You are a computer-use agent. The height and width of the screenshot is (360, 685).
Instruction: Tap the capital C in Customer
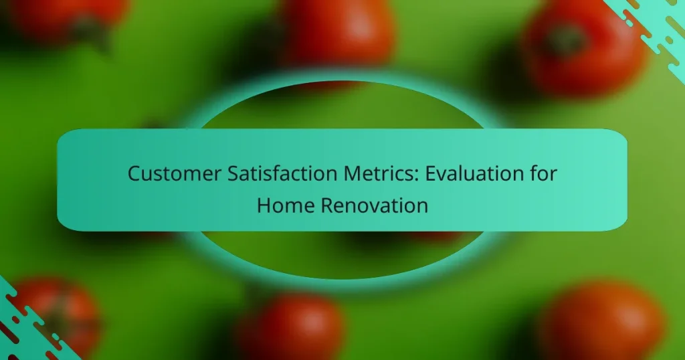coord(134,174)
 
